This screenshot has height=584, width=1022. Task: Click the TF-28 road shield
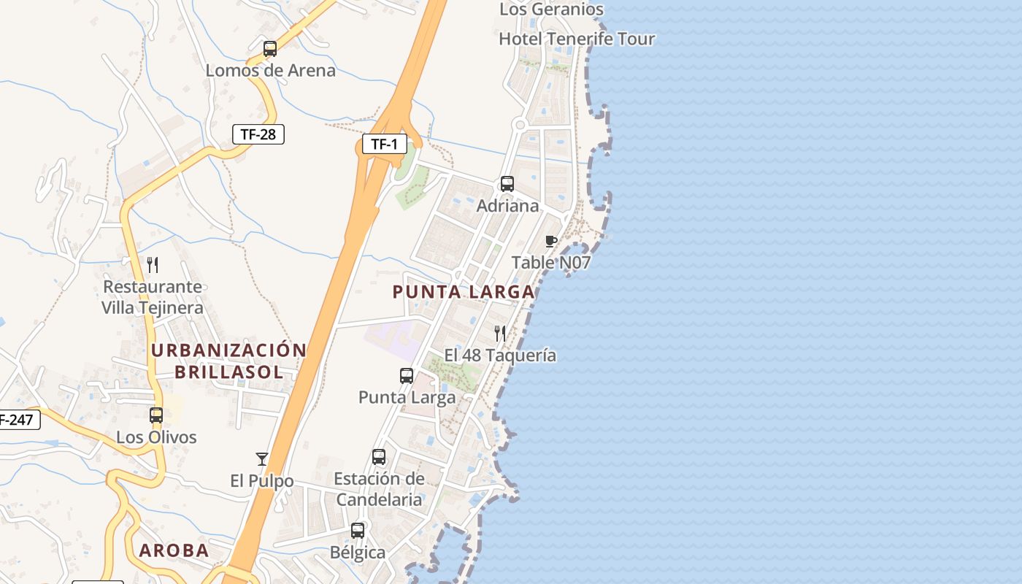258,134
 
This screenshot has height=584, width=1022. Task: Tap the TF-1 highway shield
384,144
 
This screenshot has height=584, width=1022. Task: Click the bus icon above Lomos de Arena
270,49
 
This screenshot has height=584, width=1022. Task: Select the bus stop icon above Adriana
507,184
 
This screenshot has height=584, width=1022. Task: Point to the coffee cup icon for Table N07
551,242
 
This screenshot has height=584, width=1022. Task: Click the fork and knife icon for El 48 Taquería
500,334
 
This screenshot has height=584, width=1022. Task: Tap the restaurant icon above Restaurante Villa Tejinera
153,264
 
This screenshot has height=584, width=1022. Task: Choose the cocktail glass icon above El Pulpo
262,459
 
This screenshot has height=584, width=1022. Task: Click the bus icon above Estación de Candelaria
379,457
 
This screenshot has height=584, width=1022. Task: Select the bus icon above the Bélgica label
358,531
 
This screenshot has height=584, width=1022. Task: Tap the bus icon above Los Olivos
156,415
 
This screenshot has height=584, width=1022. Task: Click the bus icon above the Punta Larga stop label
407,376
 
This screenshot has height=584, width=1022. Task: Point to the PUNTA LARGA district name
464,292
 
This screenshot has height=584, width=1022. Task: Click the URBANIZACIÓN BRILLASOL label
228,361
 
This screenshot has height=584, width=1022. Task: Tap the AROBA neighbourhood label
174,550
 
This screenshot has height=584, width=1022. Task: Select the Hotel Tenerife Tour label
577,39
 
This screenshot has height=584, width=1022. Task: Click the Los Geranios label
551,9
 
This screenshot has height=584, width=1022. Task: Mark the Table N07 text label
550,263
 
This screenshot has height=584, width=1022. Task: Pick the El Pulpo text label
262,481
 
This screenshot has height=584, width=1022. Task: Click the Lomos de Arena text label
270,71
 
